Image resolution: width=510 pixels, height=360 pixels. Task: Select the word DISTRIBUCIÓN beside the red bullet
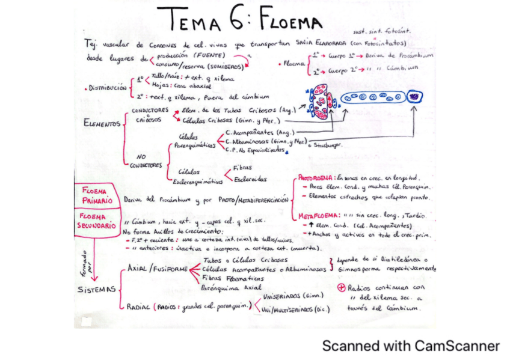coord(108,88)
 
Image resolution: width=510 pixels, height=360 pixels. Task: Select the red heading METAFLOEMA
coord(318,215)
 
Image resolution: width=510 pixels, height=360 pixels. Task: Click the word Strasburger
coord(330,145)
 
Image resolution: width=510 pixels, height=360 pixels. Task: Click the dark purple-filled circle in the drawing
coord(415,96)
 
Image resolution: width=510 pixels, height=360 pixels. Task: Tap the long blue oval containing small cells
coord(372,97)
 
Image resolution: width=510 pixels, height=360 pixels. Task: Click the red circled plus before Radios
coord(342,287)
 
